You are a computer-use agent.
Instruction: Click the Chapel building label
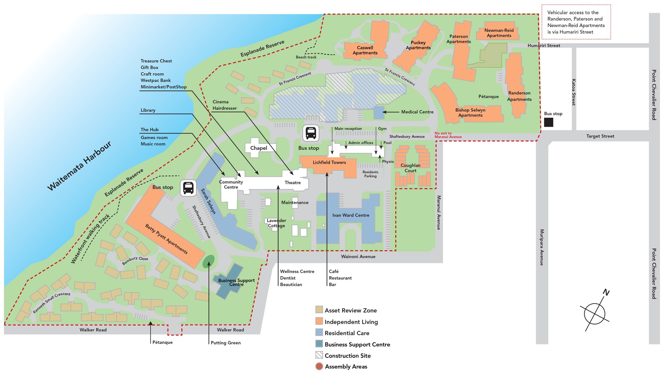click(259, 148)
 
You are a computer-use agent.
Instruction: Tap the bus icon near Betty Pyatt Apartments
click(188, 188)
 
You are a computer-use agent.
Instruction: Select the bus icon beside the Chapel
click(311, 133)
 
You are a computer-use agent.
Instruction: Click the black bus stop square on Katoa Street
click(548, 123)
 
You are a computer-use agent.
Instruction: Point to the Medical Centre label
click(417, 112)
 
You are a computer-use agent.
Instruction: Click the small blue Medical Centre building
click(378, 113)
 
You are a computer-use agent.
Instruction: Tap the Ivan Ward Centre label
click(351, 215)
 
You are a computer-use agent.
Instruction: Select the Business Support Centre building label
click(236, 282)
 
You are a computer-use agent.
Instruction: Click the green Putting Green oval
click(208, 261)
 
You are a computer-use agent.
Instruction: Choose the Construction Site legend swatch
click(319, 355)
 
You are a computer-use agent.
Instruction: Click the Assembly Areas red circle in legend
click(319, 366)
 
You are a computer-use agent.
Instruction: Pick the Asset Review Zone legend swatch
click(319, 310)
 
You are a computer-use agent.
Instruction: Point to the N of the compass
click(606, 293)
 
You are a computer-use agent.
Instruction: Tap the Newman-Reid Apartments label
click(499, 33)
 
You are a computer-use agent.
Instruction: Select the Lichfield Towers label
click(329, 162)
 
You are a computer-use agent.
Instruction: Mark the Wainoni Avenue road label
click(358, 257)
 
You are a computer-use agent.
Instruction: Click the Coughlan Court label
click(410, 168)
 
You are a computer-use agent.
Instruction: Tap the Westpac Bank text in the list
click(155, 80)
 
